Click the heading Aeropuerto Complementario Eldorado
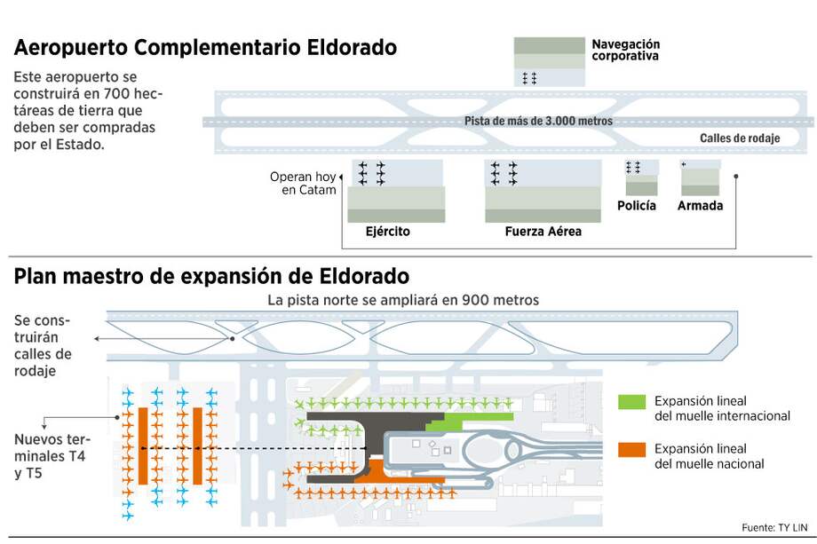(205, 48)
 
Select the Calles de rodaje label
(739, 138)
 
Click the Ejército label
(388, 232)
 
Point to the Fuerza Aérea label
(543, 232)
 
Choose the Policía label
(637, 206)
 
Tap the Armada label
(700, 206)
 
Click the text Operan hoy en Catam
(303, 184)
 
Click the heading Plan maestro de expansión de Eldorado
(211, 276)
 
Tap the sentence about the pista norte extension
(403, 300)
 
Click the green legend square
(631, 401)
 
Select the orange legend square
(631, 449)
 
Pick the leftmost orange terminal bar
(142, 445)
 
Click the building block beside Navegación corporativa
(549, 61)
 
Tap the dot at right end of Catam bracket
(736, 176)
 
